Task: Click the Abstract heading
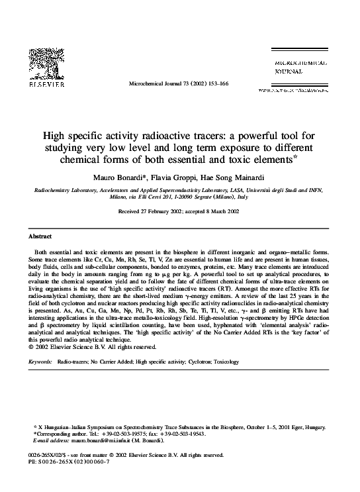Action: tap(40, 236)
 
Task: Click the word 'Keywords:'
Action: tap(40, 362)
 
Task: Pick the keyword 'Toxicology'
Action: tap(227, 362)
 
